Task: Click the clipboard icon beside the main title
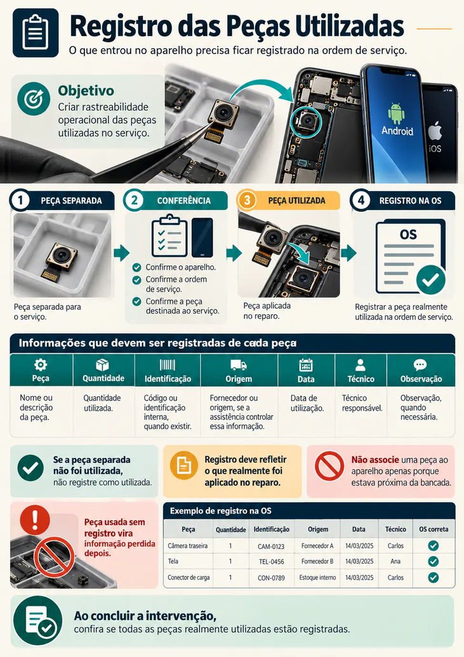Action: [x=36, y=32]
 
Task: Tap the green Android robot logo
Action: [x=396, y=113]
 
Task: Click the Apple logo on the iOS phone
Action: [x=435, y=131]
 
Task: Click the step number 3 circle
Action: [x=247, y=201]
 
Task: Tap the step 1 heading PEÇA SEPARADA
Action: [x=71, y=201]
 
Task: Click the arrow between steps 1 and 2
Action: [x=121, y=253]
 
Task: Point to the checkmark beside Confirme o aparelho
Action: [x=136, y=267]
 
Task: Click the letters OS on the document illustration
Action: [x=408, y=234]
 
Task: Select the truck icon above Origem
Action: [x=239, y=365]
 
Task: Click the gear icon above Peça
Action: [x=41, y=364]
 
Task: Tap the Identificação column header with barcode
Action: [x=168, y=371]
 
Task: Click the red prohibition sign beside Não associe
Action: [x=329, y=465]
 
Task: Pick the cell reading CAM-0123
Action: [x=271, y=547]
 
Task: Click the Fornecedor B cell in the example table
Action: [x=317, y=562]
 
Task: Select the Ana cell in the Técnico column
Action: [x=395, y=562]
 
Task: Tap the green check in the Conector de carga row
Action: [x=434, y=578]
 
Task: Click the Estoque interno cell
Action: [x=317, y=578]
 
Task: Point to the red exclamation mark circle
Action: [x=35, y=520]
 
